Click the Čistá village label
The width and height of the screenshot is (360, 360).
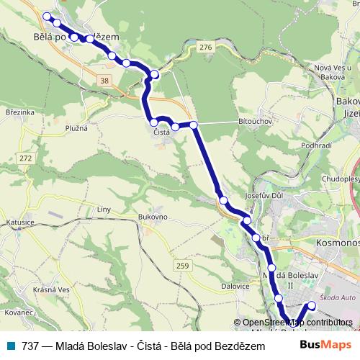pyautogui.click(x=161, y=132)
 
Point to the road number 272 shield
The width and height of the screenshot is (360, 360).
pyautogui.click(x=27, y=158)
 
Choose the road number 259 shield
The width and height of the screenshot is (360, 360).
pyautogui.click(x=182, y=266)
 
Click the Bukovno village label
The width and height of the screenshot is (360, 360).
pyautogui.click(x=153, y=216)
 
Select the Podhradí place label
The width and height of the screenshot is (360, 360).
pyautogui.click(x=316, y=145)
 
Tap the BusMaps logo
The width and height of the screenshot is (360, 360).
pyautogui.click(x=327, y=345)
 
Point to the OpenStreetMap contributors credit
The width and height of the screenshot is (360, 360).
pyautogui.click(x=297, y=323)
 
